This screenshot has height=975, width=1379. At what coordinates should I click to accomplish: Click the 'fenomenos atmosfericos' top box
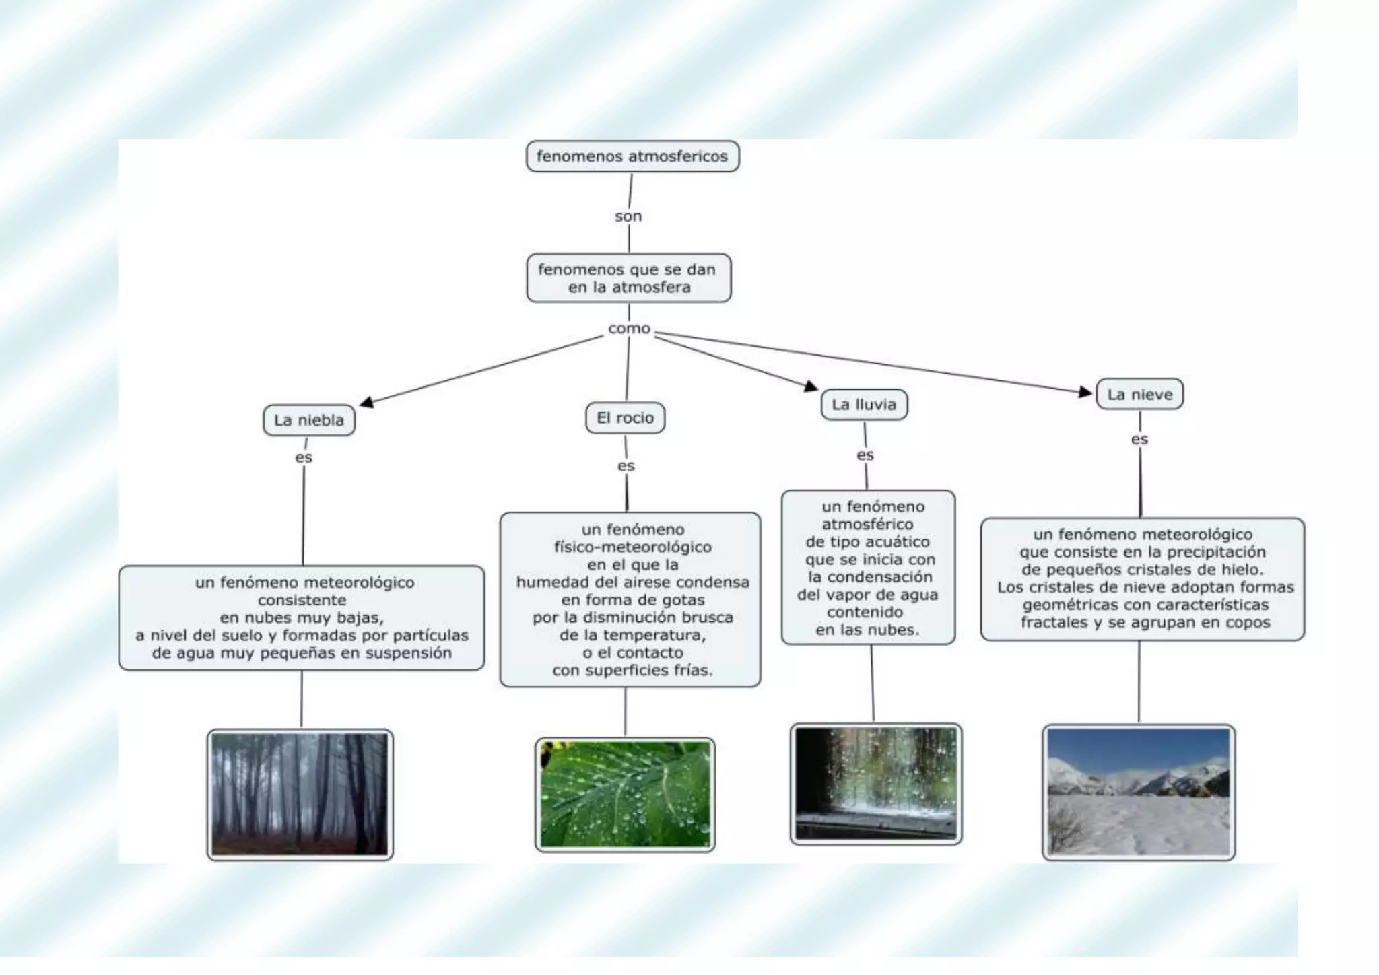point(632,156)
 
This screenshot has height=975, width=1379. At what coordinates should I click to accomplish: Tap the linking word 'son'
point(628,216)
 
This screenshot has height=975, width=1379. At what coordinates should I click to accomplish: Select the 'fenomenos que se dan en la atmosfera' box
point(628,278)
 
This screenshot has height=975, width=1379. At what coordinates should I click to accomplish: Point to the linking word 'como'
point(629,329)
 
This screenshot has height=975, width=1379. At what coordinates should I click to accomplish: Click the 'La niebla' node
point(309,420)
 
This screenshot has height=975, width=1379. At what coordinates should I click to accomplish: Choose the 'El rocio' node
point(625,417)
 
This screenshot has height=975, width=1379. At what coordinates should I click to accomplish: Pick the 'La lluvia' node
point(864,405)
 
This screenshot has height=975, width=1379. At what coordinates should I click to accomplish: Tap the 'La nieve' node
point(1139,395)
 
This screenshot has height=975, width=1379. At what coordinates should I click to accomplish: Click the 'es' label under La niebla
point(304,457)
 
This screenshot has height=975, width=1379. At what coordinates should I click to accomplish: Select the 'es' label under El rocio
point(626,466)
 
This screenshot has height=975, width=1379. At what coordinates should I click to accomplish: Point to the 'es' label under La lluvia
point(865,455)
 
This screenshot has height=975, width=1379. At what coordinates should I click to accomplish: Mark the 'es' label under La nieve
point(1139,440)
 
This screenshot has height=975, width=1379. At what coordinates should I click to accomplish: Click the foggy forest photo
point(300,794)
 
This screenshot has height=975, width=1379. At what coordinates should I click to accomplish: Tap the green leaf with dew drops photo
point(625,795)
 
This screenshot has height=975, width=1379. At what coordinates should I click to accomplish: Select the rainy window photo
point(876,784)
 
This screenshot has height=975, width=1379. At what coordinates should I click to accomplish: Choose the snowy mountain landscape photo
point(1139,792)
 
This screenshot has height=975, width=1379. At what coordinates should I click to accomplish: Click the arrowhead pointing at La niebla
point(366,403)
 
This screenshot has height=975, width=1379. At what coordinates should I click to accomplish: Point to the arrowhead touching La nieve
point(1085,392)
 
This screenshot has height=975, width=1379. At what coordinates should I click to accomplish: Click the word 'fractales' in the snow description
point(1054,622)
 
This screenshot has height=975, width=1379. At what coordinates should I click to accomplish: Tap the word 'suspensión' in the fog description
point(408,652)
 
